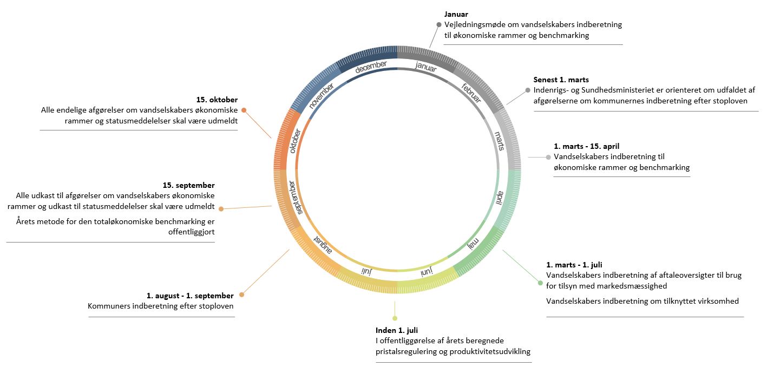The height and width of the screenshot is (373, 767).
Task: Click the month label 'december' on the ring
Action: (x=371, y=67)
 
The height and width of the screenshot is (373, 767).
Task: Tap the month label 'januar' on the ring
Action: (x=426, y=66)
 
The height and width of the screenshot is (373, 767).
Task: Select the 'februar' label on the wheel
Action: (x=471, y=93)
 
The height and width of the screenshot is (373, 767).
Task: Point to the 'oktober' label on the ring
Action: (x=294, y=141)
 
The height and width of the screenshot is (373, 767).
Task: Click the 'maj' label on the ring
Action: (x=474, y=244)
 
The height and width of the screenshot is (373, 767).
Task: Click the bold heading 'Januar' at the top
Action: (x=456, y=15)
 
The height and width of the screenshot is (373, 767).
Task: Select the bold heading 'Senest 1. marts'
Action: (x=561, y=80)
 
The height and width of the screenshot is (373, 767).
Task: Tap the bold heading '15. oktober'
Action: (x=217, y=100)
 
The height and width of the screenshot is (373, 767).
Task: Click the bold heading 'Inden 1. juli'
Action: (x=397, y=330)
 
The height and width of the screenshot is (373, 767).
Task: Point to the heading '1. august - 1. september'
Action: (x=190, y=296)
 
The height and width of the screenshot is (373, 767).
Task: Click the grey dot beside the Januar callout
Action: (x=439, y=25)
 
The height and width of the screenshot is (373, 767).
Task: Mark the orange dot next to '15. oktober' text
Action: (x=244, y=110)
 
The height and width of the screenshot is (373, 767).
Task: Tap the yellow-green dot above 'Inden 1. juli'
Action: (x=395, y=318)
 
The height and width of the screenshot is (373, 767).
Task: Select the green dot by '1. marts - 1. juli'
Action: (x=540, y=283)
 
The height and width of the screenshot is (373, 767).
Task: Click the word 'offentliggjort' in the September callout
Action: (x=192, y=232)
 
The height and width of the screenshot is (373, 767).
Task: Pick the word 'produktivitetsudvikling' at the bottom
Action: (x=490, y=351)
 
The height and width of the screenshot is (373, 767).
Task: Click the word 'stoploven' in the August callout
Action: (x=217, y=306)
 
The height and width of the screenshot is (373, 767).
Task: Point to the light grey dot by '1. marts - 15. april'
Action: (x=548, y=157)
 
